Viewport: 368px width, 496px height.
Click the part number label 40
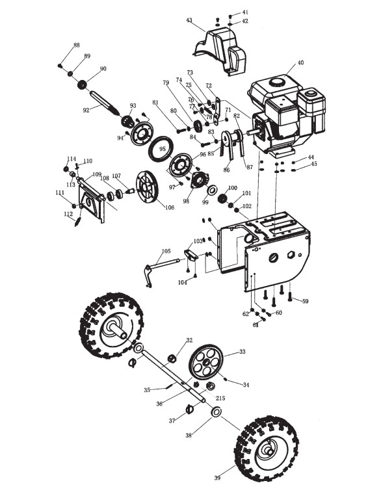tap(300, 62)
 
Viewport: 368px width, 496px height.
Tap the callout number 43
tap(189, 20)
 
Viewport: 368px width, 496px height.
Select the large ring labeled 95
tap(161, 148)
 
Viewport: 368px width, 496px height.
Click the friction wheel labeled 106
tap(147, 187)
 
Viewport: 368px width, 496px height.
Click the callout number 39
tap(217, 478)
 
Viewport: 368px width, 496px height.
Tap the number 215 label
tap(220, 398)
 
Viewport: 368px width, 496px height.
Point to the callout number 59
tap(305, 301)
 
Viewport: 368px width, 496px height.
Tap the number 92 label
tap(86, 111)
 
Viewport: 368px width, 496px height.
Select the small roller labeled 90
tap(83, 85)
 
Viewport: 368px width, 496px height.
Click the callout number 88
tap(77, 45)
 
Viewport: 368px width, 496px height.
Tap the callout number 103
tap(198, 241)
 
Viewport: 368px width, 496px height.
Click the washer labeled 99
tap(213, 190)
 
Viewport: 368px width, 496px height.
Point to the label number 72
tap(209, 86)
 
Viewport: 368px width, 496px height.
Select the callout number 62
tap(246, 314)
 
